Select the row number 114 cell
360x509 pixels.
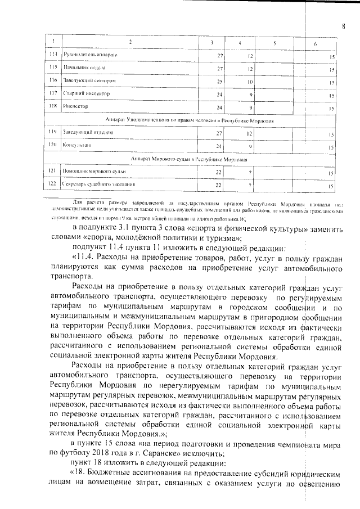53,56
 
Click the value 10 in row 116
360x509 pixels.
249,82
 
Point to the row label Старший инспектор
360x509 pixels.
87,93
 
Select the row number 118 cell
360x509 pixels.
53,106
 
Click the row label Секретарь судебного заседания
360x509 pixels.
98,184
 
